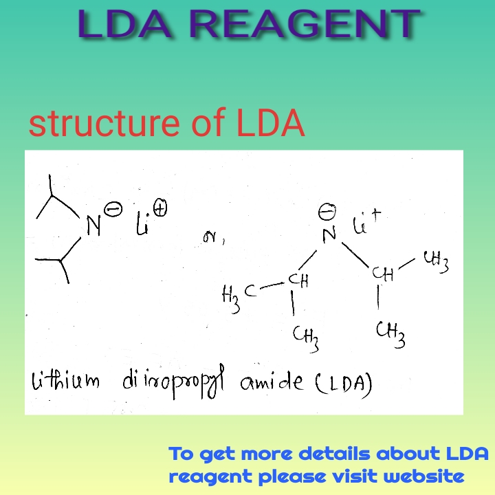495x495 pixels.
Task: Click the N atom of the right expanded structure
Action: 329,234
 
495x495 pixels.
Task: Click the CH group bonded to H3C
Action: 298,280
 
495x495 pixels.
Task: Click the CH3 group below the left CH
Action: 304,336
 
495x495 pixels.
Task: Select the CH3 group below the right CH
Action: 390,335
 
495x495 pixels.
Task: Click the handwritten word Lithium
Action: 64,381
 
